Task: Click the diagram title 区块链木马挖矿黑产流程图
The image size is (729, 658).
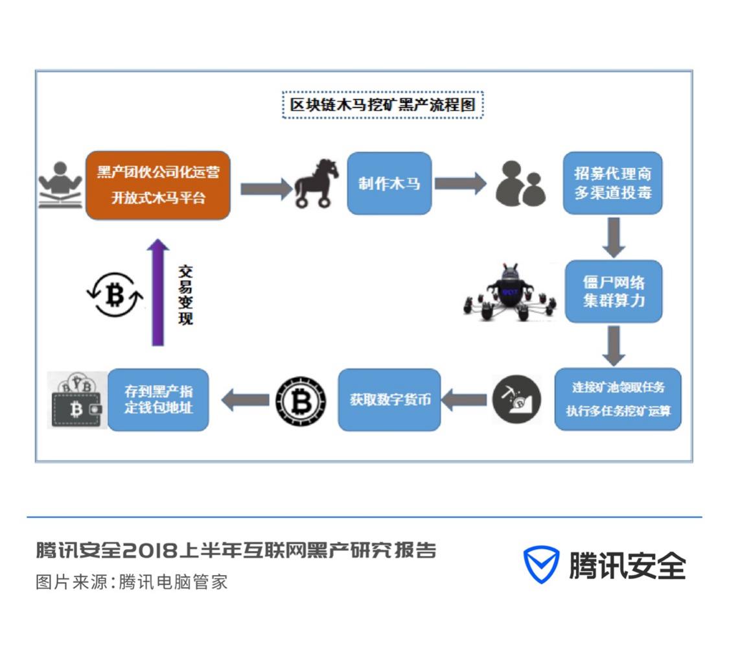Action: (x=383, y=105)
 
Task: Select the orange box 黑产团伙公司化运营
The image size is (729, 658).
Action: (x=158, y=185)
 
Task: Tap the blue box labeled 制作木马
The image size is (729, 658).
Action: (x=389, y=183)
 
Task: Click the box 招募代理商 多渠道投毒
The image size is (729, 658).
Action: (x=612, y=183)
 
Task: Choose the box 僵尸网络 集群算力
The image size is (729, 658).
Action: (x=613, y=292)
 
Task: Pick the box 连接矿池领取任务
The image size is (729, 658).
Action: (x=618, y=399)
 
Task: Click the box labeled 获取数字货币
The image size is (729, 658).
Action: (x=389, y=399)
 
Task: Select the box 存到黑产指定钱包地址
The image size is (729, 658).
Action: (x=158, y=399)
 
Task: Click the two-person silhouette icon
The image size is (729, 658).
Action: (x=520, y=184)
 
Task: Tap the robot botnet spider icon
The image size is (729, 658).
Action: (x=511, y=293)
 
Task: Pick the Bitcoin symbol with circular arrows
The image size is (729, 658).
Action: (x=115, y=295)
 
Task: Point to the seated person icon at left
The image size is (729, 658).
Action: (x=60, y=184)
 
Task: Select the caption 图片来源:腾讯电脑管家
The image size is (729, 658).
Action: (x=132, y=582)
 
